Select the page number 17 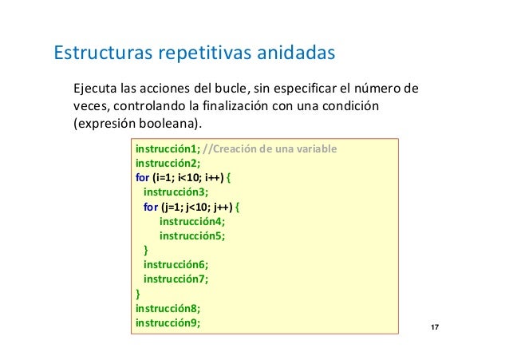tap(435, 329)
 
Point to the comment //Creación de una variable tap(270, 150)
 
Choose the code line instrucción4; tap(192, 222)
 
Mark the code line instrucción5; tap(192, 236)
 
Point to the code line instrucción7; tap(176, 279)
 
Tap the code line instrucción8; tap(168, 308)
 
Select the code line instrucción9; tap(168, 322)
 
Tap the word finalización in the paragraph tap(247, 106)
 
